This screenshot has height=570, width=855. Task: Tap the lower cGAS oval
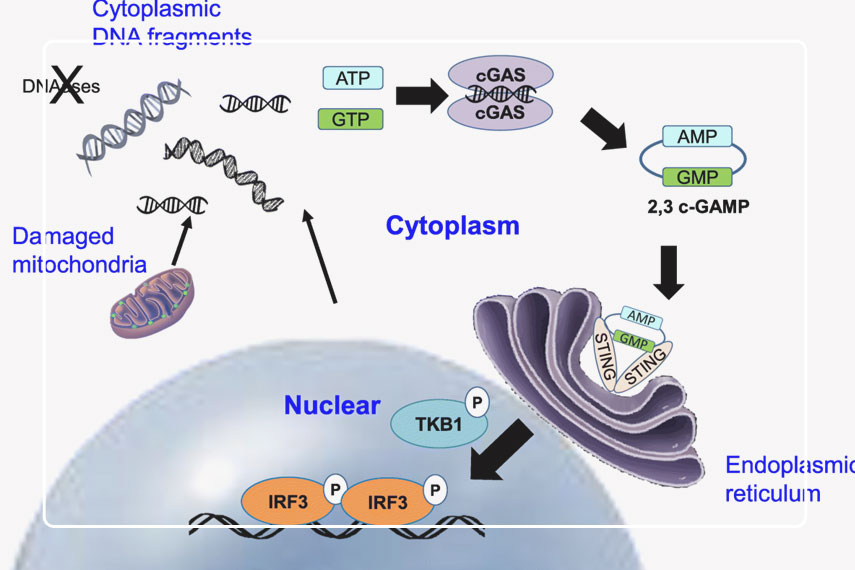pos(500,113)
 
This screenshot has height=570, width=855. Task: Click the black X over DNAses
pos(67,85)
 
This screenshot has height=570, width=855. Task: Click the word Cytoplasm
pos(453,226)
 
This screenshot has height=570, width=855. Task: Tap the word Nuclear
pos(332,405)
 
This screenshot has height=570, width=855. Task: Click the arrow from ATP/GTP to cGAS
pos(418,95)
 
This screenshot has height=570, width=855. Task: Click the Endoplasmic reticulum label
pos(786,478)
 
